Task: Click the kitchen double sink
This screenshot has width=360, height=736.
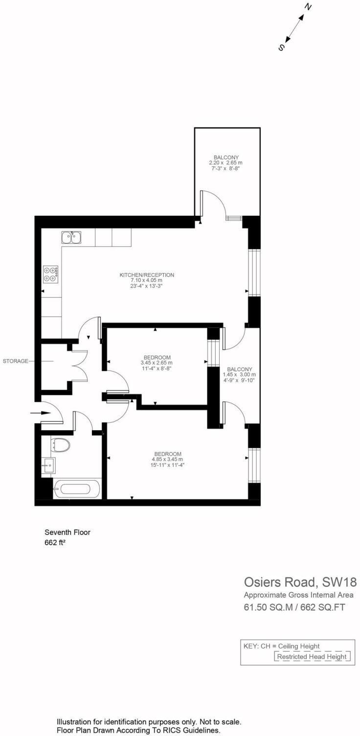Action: click(x=71, y=237)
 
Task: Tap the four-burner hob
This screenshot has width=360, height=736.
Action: click(x=50, y=273)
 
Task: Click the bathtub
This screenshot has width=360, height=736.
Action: click(x=77, y=488)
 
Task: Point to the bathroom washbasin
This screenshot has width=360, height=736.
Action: click(x=49, y=465)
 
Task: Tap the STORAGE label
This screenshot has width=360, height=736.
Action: click(x=16, y=361)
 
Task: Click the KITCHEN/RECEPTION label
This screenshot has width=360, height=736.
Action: click(x=147, y=275)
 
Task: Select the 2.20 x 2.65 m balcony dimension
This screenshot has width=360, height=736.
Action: click(x=225, y=162)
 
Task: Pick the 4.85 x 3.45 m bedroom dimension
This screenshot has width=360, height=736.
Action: click(x=167, y=460)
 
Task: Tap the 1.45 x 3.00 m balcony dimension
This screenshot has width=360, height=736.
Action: click(x=239, y=374)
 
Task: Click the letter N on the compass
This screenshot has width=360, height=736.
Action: click(x=308, y=6)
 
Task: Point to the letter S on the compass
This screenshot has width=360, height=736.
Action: click(x=281, y=47)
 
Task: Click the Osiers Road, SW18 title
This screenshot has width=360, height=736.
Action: click(x=300, y=582)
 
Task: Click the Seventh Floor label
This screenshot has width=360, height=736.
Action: click(x=67, y=532)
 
